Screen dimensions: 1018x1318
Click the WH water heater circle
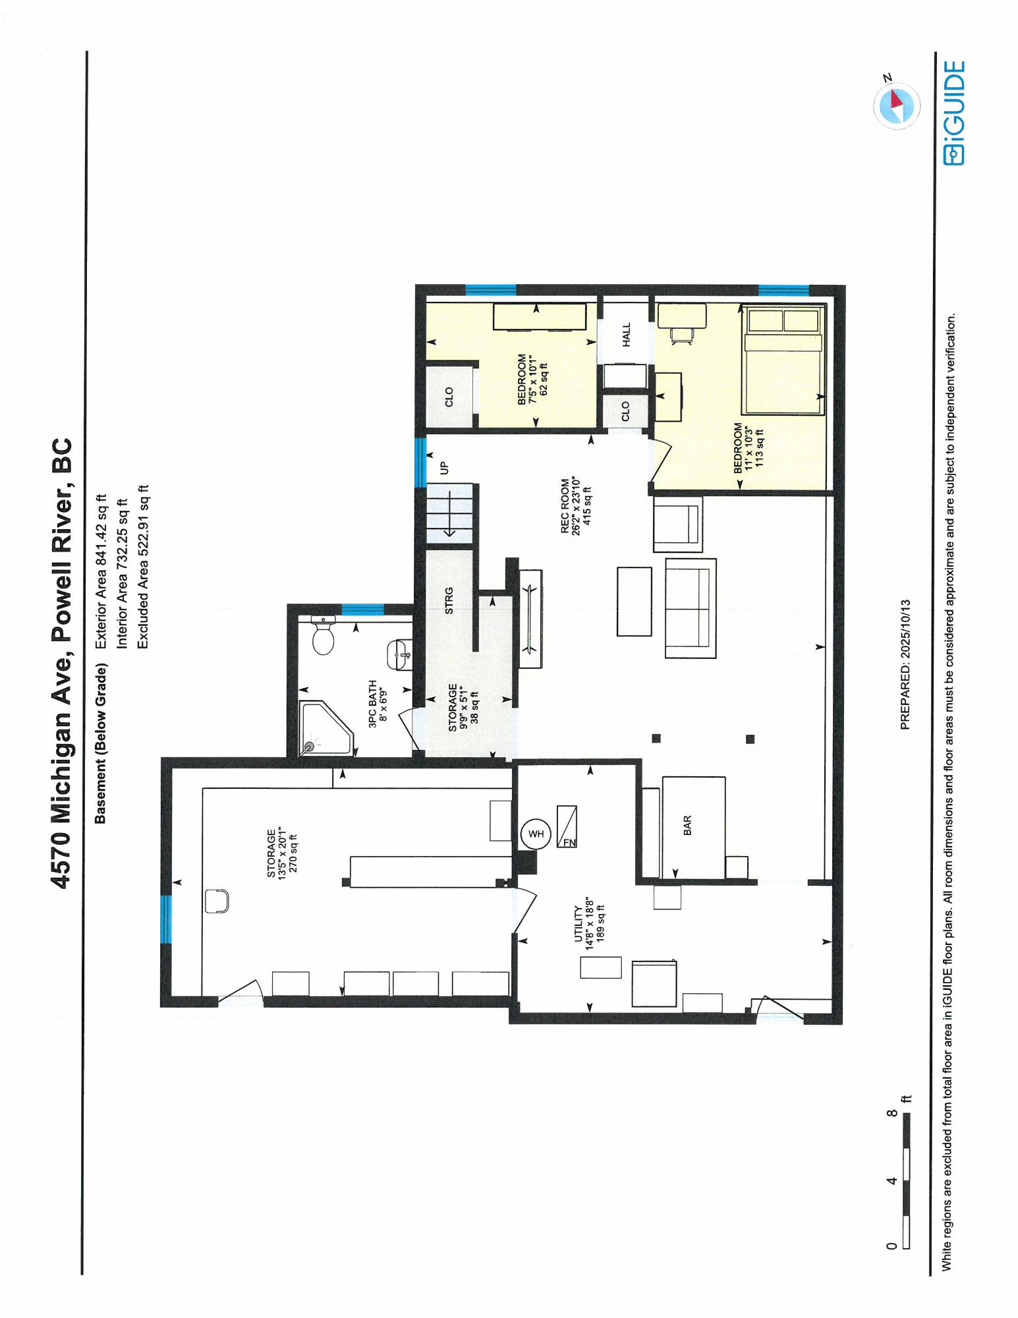[x=536, y=834]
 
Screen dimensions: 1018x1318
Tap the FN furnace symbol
[x=567, y=826]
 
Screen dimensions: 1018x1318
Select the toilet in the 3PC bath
[x=323, y=635]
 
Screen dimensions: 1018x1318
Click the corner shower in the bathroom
[x=327, y=728]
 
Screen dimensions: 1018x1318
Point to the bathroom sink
[x=399, y=655]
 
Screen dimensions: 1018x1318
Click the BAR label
[x=687, y=825]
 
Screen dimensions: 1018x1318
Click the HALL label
[x=626, y=334]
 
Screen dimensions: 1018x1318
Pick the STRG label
[x=449, y=600]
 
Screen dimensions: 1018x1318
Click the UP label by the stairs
[x=444, y=467]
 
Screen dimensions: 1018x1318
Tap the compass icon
[x=896, y=103]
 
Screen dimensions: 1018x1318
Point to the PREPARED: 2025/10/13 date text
[x=905, y=664]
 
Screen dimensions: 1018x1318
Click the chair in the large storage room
[x=217, y=901]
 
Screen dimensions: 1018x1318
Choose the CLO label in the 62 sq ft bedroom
[x=449, y=397]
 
